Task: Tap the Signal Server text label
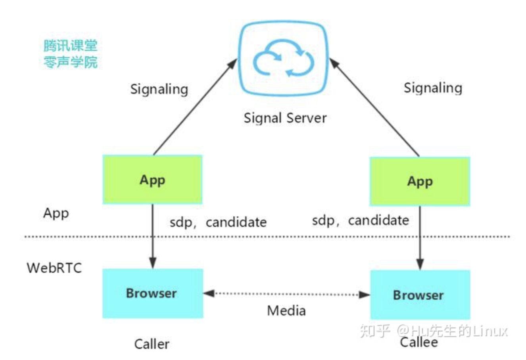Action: pyautogui.click(x=285, y=118)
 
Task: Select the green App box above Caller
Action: pyautogui.click(x=152, y=180)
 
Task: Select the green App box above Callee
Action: pyautogui.click(x=420, y=182)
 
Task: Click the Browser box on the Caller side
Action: pyautogui.click(x=152, y=293)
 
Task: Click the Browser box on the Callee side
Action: pyautogui.click(x=420, y=295)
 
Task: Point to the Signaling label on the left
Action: pyautogui.click(x=159, y=89)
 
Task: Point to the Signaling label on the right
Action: pyautogui.click(x=433, y=88)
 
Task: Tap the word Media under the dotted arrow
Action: pyautogui.click(x=286, y=310)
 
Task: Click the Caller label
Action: pyautogui.click(x=152, y=344)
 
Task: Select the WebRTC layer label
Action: pyautogui.click(x=54, y=268)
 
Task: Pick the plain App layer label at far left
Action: pyautogui.click(x=56, y=213)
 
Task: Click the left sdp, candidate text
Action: pyautogui.click(x=218, y=222)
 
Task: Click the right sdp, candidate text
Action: pyautogui.click(x=360, y=220)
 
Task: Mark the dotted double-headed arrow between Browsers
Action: pyautogui.click(x=286, y=294)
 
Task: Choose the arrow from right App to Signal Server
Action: pyautogui.click(x=374, y=107)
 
